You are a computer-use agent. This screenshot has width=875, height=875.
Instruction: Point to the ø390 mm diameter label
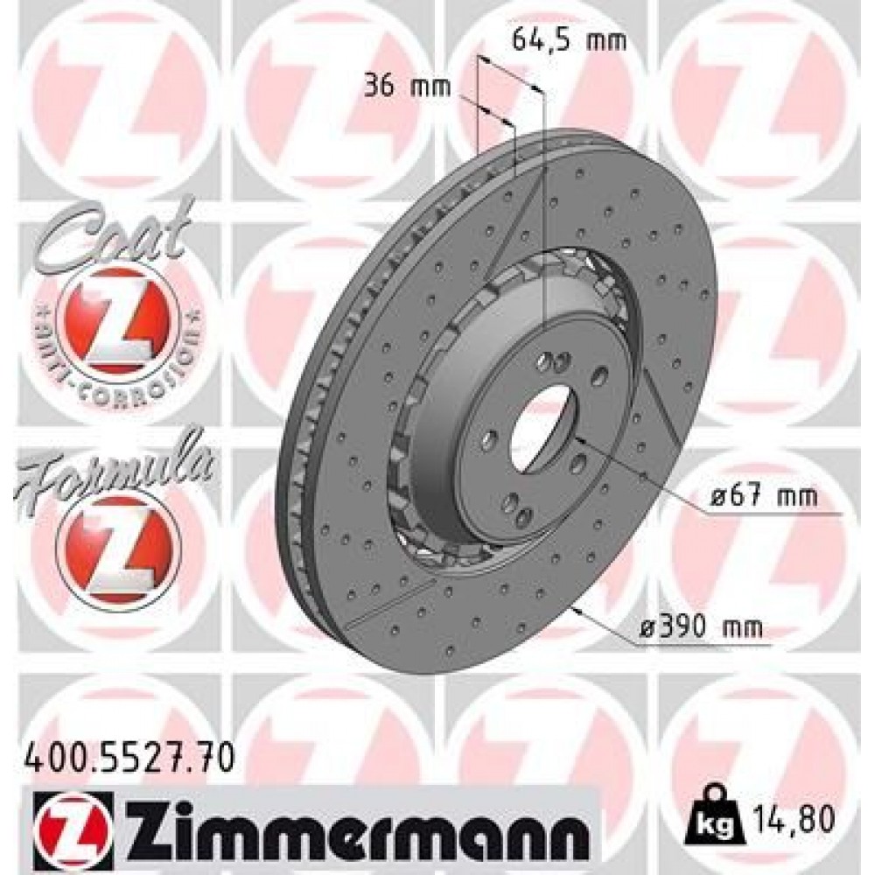click(x=700, y=626)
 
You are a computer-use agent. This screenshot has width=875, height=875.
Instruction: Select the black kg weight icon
click(x=711, y=818)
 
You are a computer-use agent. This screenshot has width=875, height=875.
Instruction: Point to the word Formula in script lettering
click(x=114, y=467)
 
